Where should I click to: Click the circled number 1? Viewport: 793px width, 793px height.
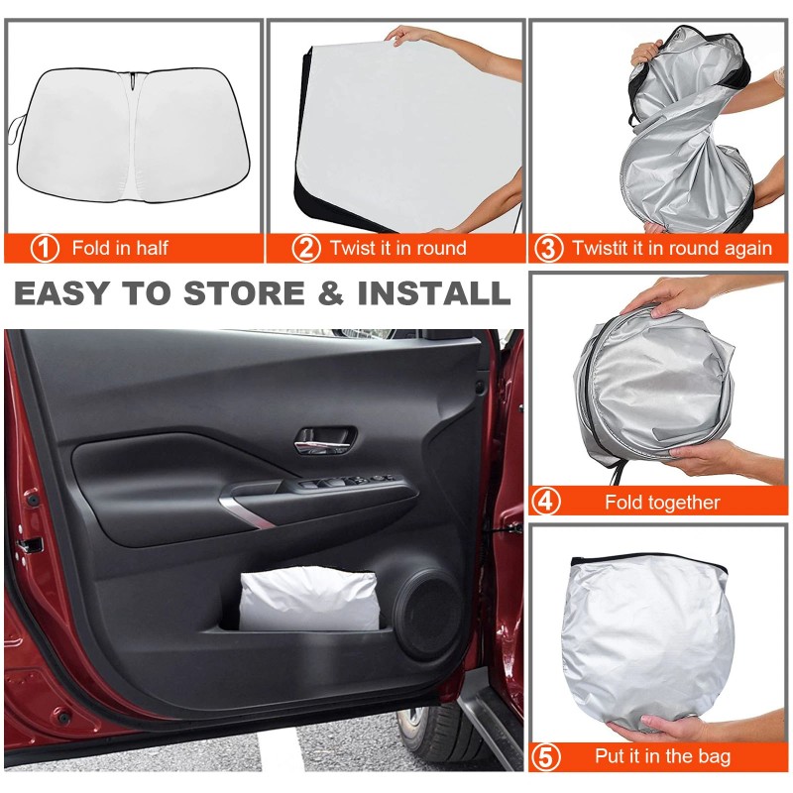(45, 248)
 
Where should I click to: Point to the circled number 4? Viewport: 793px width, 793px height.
(546, 502)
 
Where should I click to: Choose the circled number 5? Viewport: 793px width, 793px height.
(546, 757)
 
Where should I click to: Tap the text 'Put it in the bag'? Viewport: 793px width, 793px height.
(662, 757)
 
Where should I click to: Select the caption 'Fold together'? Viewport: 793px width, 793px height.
(662, 503)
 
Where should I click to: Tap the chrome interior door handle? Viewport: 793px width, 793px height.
(325, 439)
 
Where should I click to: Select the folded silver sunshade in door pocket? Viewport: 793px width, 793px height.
(309, 600)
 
